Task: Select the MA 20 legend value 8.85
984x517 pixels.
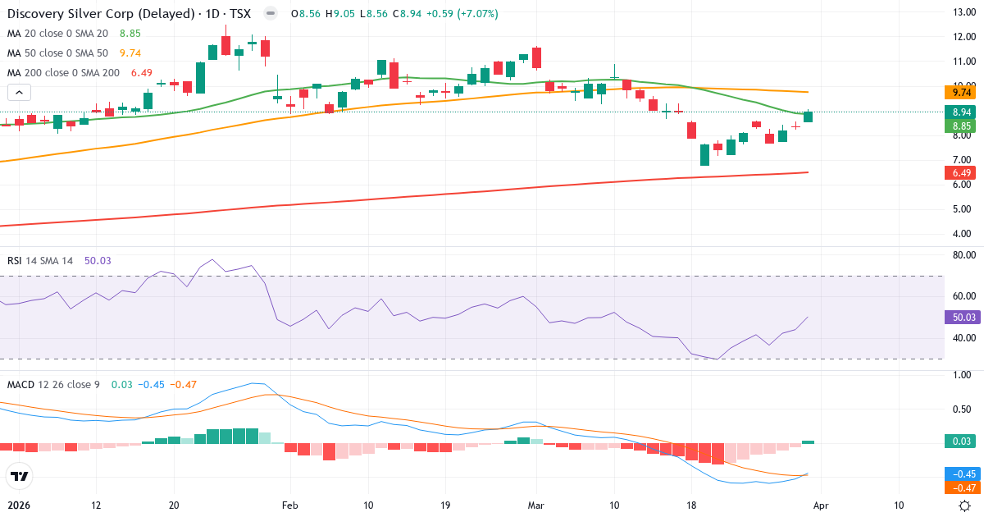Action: pos(130,34)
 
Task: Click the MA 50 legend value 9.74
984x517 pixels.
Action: pos(130,53)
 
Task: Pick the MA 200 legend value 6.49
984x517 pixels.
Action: pos(142,73)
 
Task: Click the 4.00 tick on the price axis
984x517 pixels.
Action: pos(963,233)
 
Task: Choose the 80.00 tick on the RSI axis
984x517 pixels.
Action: pos(963,255)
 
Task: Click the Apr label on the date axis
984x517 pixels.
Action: pos(821,506)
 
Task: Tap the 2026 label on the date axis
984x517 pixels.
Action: pos(20,506)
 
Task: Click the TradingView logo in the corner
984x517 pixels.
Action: pos(20,476)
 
